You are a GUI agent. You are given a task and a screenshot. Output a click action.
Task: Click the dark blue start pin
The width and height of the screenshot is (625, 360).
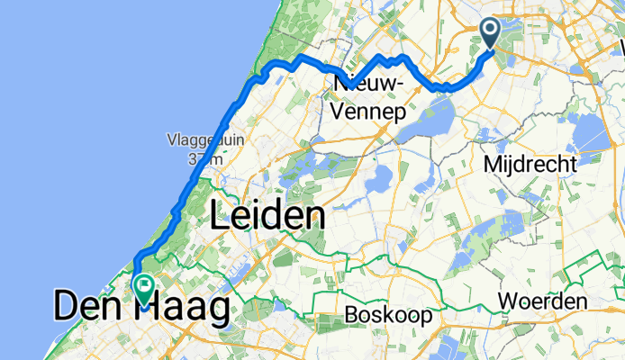[491, 34]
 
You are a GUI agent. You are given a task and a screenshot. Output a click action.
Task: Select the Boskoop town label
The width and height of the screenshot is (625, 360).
[388, 316]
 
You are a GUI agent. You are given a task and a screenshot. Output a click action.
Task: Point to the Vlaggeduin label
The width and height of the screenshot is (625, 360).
[197, 139]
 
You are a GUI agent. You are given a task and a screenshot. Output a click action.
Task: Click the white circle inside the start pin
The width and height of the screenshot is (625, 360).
[491, 31]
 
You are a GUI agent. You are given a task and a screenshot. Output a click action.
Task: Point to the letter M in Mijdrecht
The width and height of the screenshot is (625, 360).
[492, 165]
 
